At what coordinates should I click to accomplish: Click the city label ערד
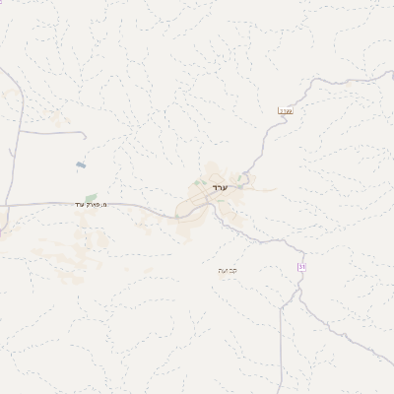tap(220, 186)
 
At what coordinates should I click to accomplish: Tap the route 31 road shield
tap(301, 267)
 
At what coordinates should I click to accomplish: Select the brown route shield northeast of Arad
tap(286, 110)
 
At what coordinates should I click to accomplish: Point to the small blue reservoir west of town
tap(80, 164)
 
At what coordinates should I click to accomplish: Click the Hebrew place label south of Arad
tap(227, 269)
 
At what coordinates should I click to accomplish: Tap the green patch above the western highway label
tap(91, 197)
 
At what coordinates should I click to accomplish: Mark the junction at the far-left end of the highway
tap(3, 205)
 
